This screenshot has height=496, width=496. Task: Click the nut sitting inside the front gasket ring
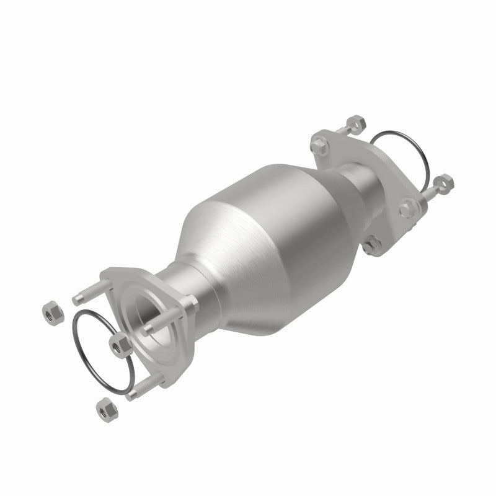pyautogui.click(x=117, y=342)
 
